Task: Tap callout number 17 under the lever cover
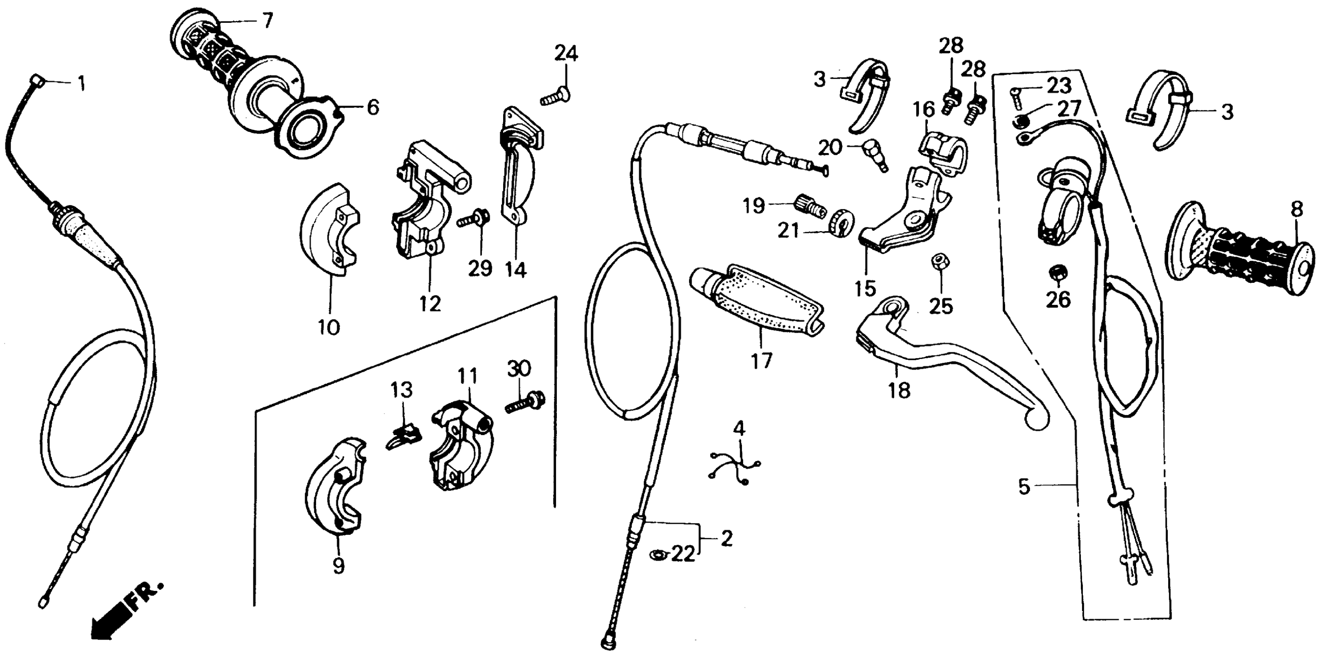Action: [761, 361]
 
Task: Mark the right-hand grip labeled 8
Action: [1242, 254]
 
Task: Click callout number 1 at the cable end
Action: [80, 83]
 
